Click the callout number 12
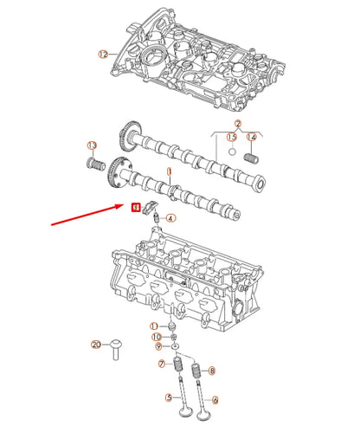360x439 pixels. tap(103, 54)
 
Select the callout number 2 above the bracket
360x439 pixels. tap(237, 125)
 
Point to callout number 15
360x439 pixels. tap(231, 137)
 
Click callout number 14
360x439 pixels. tap(252, 137)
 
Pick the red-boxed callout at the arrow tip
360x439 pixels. tap(135, 207)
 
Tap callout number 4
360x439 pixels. tap(170, 218)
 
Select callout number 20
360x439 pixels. tap(96, 345)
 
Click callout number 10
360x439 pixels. tap(157, 337)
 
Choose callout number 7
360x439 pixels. tap(161, 365)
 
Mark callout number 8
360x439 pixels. tap(212, 370)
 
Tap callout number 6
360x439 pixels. tap(215, 400)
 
